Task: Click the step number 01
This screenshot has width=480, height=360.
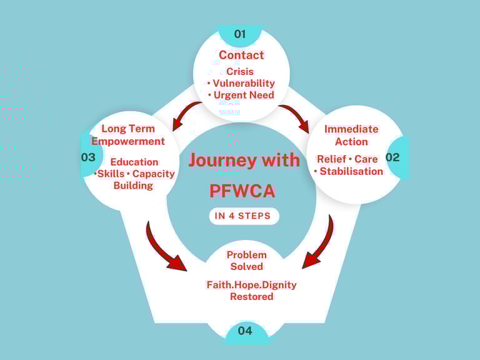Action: click(x=240, y=34)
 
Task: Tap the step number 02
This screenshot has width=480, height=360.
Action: click(x=392, y=157)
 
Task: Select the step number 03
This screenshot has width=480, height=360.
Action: click(x=88, y=157)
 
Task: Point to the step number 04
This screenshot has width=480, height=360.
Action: click(x=245, y=331)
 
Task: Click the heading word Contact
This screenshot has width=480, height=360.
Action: click(x=241, y=55)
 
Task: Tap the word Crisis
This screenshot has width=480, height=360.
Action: click(x=240, y=71)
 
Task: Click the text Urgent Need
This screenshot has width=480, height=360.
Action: click(x=244, y=95)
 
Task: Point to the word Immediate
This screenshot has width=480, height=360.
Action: click(x=351, y=129)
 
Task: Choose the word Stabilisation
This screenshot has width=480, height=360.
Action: click(x=351, y=171)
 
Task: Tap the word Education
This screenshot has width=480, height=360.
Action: click(x=134, y=162)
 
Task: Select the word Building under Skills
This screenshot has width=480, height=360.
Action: click(x=133, y=186)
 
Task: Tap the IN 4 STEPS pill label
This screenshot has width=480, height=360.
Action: click(x=243, y=216)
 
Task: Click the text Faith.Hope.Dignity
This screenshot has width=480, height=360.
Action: click(x=251, y=284)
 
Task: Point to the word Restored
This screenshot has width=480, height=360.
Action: click(x=251, y=296)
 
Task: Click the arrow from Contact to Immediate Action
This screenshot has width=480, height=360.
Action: click(x=295, y=119)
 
